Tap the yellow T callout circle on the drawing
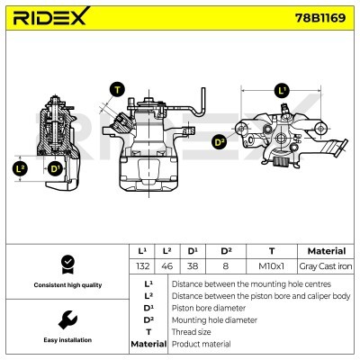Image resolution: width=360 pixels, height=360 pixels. [x=117, y=89]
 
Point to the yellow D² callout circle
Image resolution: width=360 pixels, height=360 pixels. [x=219, y=141]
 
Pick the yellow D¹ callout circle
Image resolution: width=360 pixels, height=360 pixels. [x=55, y=168]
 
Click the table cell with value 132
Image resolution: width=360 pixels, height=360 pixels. [x=141, y=267]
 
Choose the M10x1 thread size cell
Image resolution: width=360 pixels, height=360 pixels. [x=271, y=267]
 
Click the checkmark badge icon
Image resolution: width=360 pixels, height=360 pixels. [x=65, y=264]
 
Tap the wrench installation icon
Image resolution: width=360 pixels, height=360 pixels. [x=65, y=319]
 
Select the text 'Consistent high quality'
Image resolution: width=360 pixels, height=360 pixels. [x=65, y=285]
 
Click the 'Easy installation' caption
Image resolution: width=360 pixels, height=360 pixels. [x=65, y=341]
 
